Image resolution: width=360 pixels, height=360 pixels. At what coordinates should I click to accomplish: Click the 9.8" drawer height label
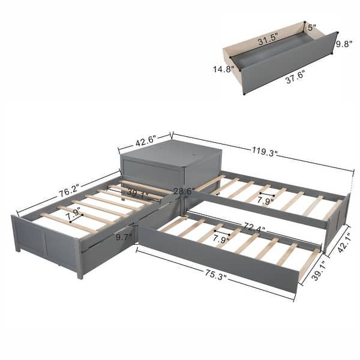pyautogui.click(x=343, y=44)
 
